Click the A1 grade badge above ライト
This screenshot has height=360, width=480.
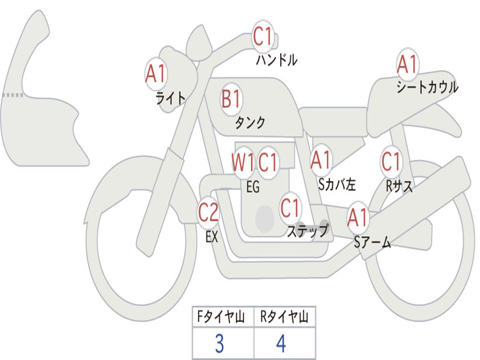(156, 74)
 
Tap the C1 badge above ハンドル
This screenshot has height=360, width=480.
(263, 37)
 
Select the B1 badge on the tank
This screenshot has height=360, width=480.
(231, 99)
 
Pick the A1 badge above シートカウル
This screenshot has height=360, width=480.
(407, 64)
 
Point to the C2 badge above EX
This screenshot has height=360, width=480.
(208, 213)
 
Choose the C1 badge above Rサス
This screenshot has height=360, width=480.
(391, 162)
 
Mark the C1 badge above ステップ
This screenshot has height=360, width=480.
(290, 208)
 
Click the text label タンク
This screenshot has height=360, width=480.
(250, 123)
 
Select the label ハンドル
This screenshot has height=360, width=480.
(277, 60)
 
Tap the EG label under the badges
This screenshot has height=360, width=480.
(253, 187)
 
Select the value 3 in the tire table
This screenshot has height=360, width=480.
(219, 344)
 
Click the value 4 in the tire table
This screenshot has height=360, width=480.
(281, 344)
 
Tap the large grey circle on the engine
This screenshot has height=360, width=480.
(265, 218)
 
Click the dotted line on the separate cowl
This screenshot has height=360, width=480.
(13, 95)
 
